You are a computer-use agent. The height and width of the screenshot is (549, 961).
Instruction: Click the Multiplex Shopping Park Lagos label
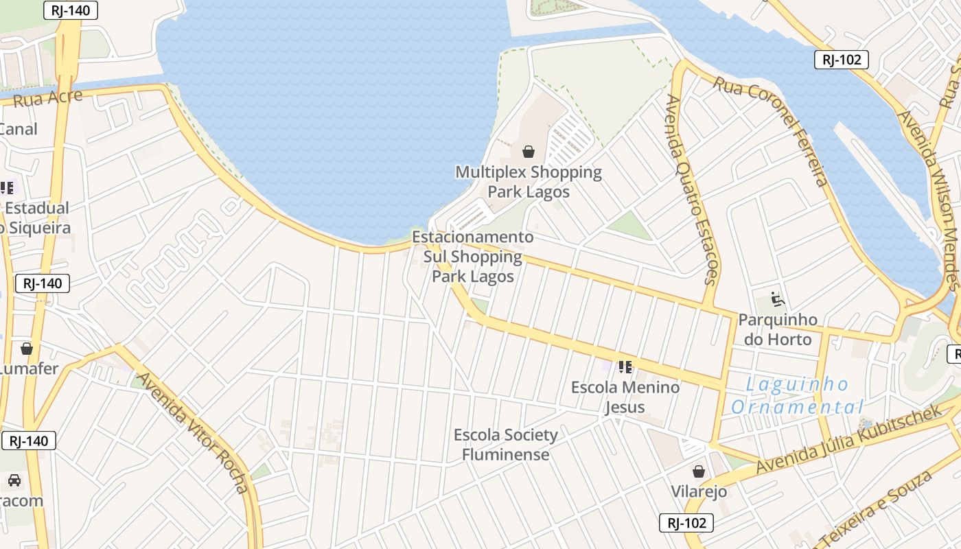coord(529,181)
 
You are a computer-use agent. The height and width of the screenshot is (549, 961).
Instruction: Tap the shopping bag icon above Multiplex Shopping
coord(529,151)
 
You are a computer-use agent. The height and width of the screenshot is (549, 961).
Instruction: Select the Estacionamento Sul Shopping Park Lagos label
coord(473,257)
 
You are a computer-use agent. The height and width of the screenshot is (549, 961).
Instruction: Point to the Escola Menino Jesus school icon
coord(625,367)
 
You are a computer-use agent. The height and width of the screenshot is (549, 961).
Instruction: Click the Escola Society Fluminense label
coord(506,445)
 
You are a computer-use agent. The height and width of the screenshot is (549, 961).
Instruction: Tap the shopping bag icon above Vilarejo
coord(699,471)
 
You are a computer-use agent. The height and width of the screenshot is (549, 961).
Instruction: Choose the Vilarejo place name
coord(698,492)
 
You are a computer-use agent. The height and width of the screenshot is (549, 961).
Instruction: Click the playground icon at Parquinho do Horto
coord(777,299)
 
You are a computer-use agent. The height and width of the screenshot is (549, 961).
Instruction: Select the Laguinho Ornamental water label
coord(796,396)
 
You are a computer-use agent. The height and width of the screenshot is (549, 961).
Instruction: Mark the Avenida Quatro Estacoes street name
coord(691,189)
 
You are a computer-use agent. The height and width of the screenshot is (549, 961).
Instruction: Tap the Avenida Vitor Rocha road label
coord(193,432)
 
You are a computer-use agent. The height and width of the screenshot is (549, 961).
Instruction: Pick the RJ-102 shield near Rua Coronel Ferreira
coord(842,60)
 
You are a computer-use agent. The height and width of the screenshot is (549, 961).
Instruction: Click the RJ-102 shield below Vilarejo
coord(686,523)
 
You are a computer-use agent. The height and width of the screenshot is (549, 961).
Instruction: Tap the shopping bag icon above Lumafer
coord(27,349)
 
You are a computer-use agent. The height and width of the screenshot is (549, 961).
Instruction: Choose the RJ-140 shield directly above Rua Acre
coord(70,10)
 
